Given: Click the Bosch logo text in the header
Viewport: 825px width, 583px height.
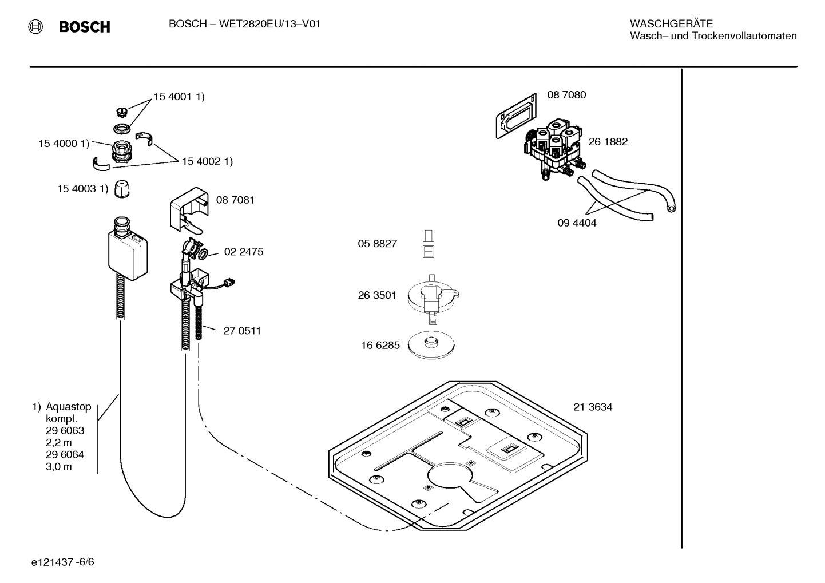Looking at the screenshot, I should coord(84,27).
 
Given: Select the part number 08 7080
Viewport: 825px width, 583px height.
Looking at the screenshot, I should coord(566,95).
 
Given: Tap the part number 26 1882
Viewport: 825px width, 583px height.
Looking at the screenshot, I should coord(608,142).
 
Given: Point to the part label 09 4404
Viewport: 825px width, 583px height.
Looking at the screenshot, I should coord(577,223).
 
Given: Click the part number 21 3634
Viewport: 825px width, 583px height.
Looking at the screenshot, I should coord(593,407).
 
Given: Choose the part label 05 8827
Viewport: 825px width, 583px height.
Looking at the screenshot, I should coord(377,244).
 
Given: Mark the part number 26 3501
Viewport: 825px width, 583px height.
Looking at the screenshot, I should coord(377,296).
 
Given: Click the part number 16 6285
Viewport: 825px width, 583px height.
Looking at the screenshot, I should coord(380,346).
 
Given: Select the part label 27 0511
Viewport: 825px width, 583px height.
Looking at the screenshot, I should coord(242,331).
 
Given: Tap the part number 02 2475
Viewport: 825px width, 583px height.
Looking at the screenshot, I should coord(244,252).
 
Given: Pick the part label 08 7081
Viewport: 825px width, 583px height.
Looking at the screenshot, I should coord(235,200).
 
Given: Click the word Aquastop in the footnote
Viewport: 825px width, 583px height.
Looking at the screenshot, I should coord(68,407).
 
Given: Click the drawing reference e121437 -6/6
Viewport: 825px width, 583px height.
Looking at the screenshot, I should coord(63,562).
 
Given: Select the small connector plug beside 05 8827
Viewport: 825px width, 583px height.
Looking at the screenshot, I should coord(429,244).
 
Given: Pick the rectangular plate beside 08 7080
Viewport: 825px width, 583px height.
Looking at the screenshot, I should coord(515,117).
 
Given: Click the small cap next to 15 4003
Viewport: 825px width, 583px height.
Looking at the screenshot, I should coord(121,189).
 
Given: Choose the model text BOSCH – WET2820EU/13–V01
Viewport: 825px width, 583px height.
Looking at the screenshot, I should coord(244,24).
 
